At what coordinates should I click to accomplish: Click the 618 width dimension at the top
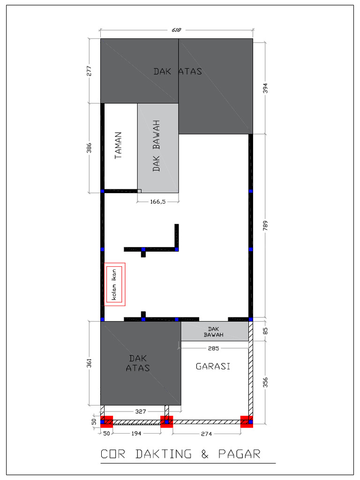point(176,30)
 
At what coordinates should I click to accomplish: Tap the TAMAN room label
point(118,145)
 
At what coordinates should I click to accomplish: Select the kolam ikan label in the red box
point(114,285)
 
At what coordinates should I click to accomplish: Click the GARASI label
point(213,366)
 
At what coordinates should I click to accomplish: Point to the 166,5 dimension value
point(158,202)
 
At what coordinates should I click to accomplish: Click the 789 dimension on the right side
point(265,225)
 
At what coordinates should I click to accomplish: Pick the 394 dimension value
point(265,88)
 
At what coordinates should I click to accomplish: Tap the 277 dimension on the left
point(89,71)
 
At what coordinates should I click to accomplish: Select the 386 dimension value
point(89,148)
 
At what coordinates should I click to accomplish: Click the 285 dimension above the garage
point(213,348)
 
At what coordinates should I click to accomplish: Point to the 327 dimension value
point(141,412)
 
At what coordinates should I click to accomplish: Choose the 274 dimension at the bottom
point(206,434)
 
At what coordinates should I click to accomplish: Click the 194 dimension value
point(136,434)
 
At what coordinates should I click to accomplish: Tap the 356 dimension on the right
point(265,382)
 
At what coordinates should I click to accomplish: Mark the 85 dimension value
point(265,331)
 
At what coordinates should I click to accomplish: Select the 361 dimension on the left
point(89,363)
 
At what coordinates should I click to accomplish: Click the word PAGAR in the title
point(240,454)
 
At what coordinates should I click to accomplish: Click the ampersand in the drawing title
point(205,454)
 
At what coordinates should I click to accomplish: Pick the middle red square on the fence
point(167,421)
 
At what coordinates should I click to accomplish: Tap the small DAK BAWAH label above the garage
point(213,332)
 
